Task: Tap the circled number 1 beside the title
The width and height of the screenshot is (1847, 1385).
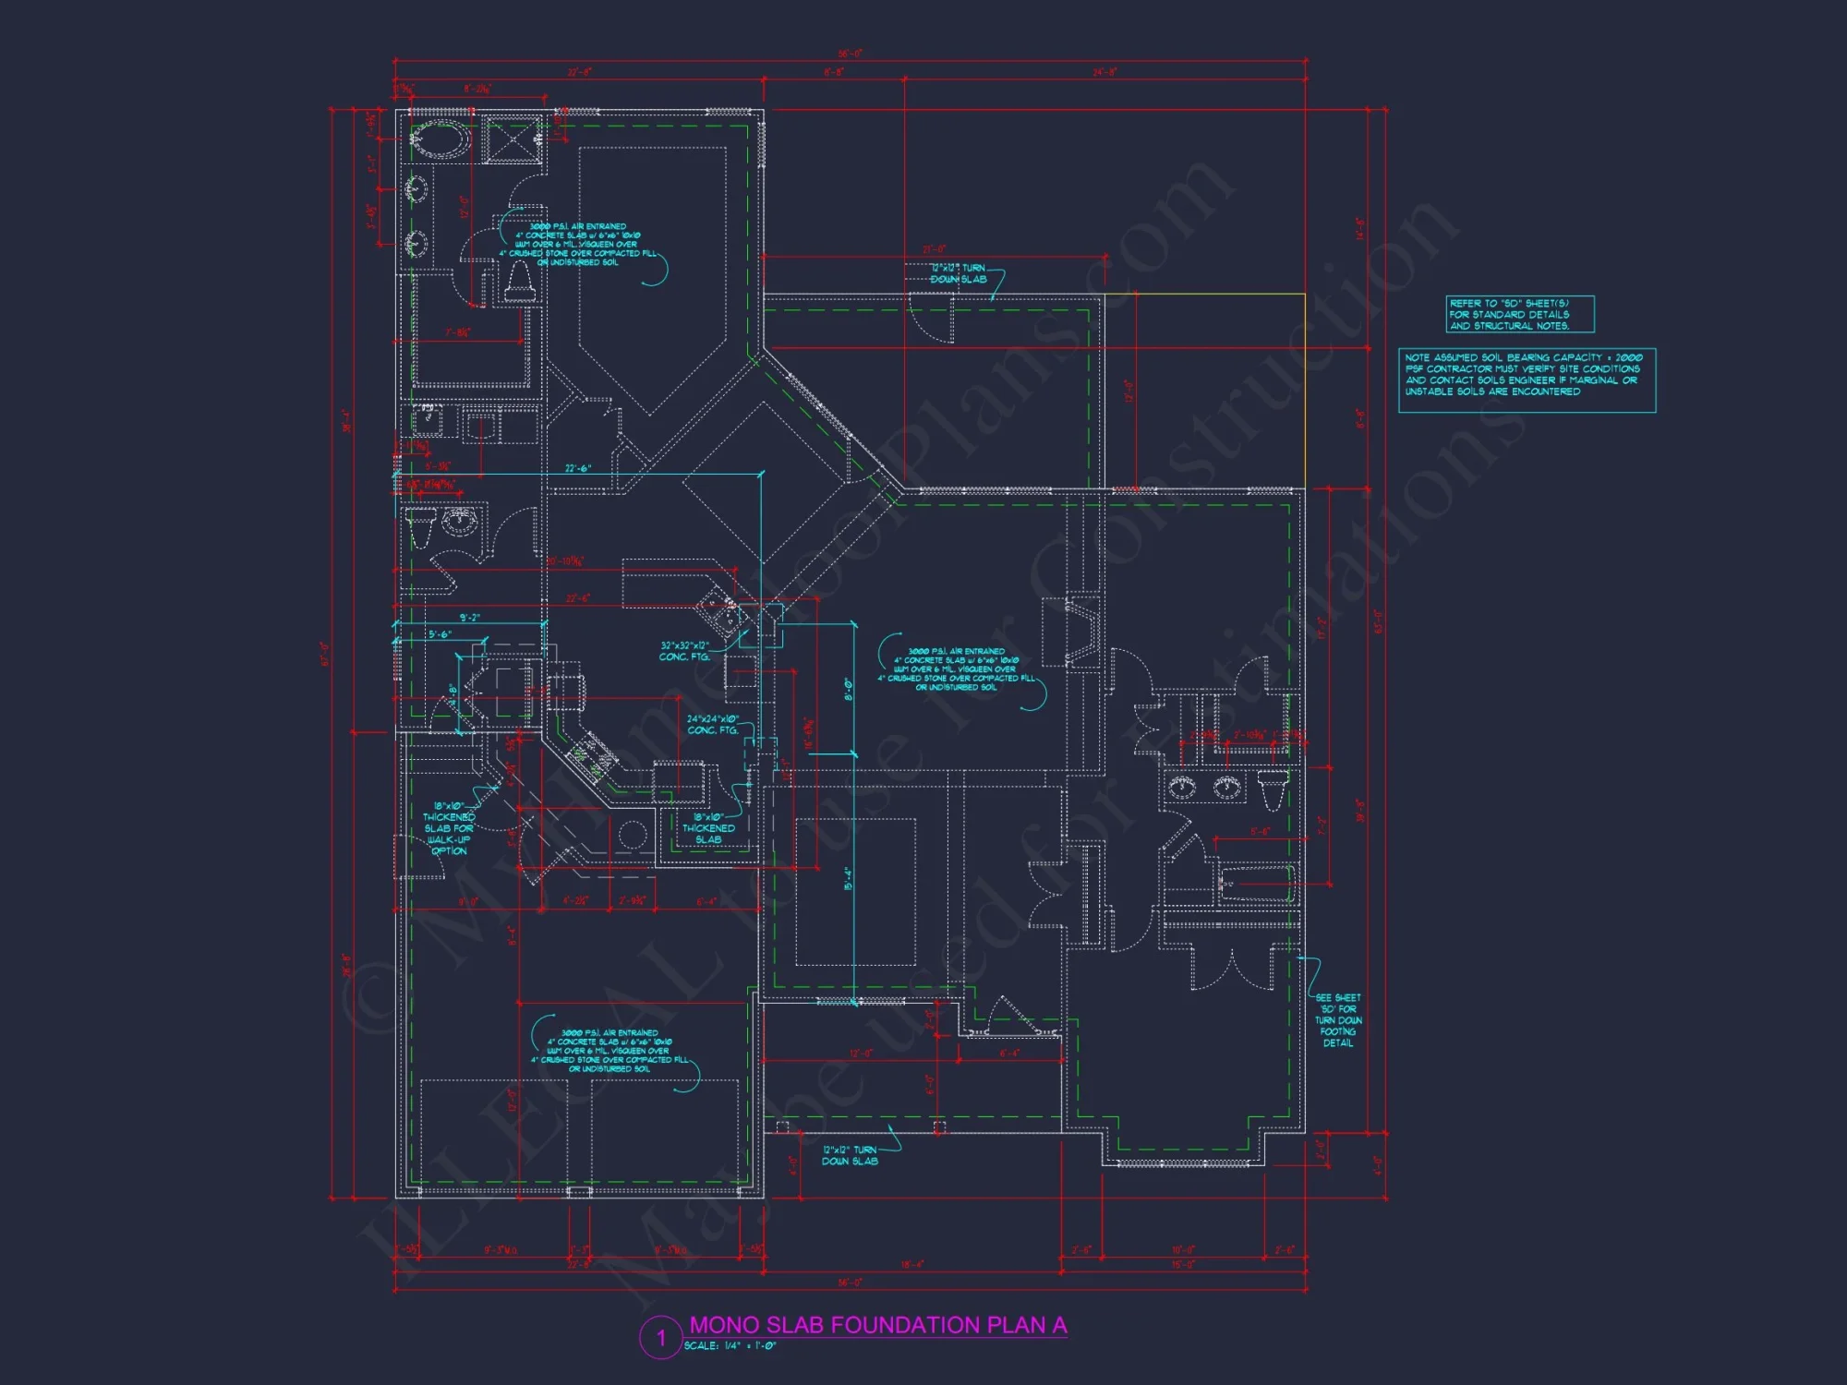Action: coord(661,1337)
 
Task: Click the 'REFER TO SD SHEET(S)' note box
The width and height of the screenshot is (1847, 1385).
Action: coord(1519,314)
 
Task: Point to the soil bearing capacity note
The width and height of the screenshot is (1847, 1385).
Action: coord(1526,379)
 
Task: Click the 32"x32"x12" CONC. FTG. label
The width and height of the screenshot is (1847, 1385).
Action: coord(684,651)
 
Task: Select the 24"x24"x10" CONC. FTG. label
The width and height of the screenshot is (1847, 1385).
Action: coord(712,724)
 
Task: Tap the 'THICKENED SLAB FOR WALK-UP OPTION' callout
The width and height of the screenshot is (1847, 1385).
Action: coord(449,828)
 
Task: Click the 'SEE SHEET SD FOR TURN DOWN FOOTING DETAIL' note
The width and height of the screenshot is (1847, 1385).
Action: coord(1337,1019)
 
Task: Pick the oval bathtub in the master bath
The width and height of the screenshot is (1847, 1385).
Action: coord(440,141)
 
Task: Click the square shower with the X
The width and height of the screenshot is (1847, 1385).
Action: coord(512,140)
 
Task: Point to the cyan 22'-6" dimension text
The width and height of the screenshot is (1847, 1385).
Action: coord(578,469)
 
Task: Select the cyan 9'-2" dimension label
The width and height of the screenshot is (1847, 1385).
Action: coord(469,618)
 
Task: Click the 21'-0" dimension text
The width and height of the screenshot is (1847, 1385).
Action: coord(934,249)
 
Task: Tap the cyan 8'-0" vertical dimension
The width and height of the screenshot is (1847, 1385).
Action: coord(848,690)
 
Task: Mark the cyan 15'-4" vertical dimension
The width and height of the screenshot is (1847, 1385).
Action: coord(848,877)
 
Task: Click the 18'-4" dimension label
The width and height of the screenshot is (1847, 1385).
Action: coord(911,1264)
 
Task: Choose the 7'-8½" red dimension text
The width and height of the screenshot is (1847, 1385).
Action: coord(457,333)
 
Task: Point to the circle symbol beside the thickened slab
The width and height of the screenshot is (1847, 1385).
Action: coord(632,835)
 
